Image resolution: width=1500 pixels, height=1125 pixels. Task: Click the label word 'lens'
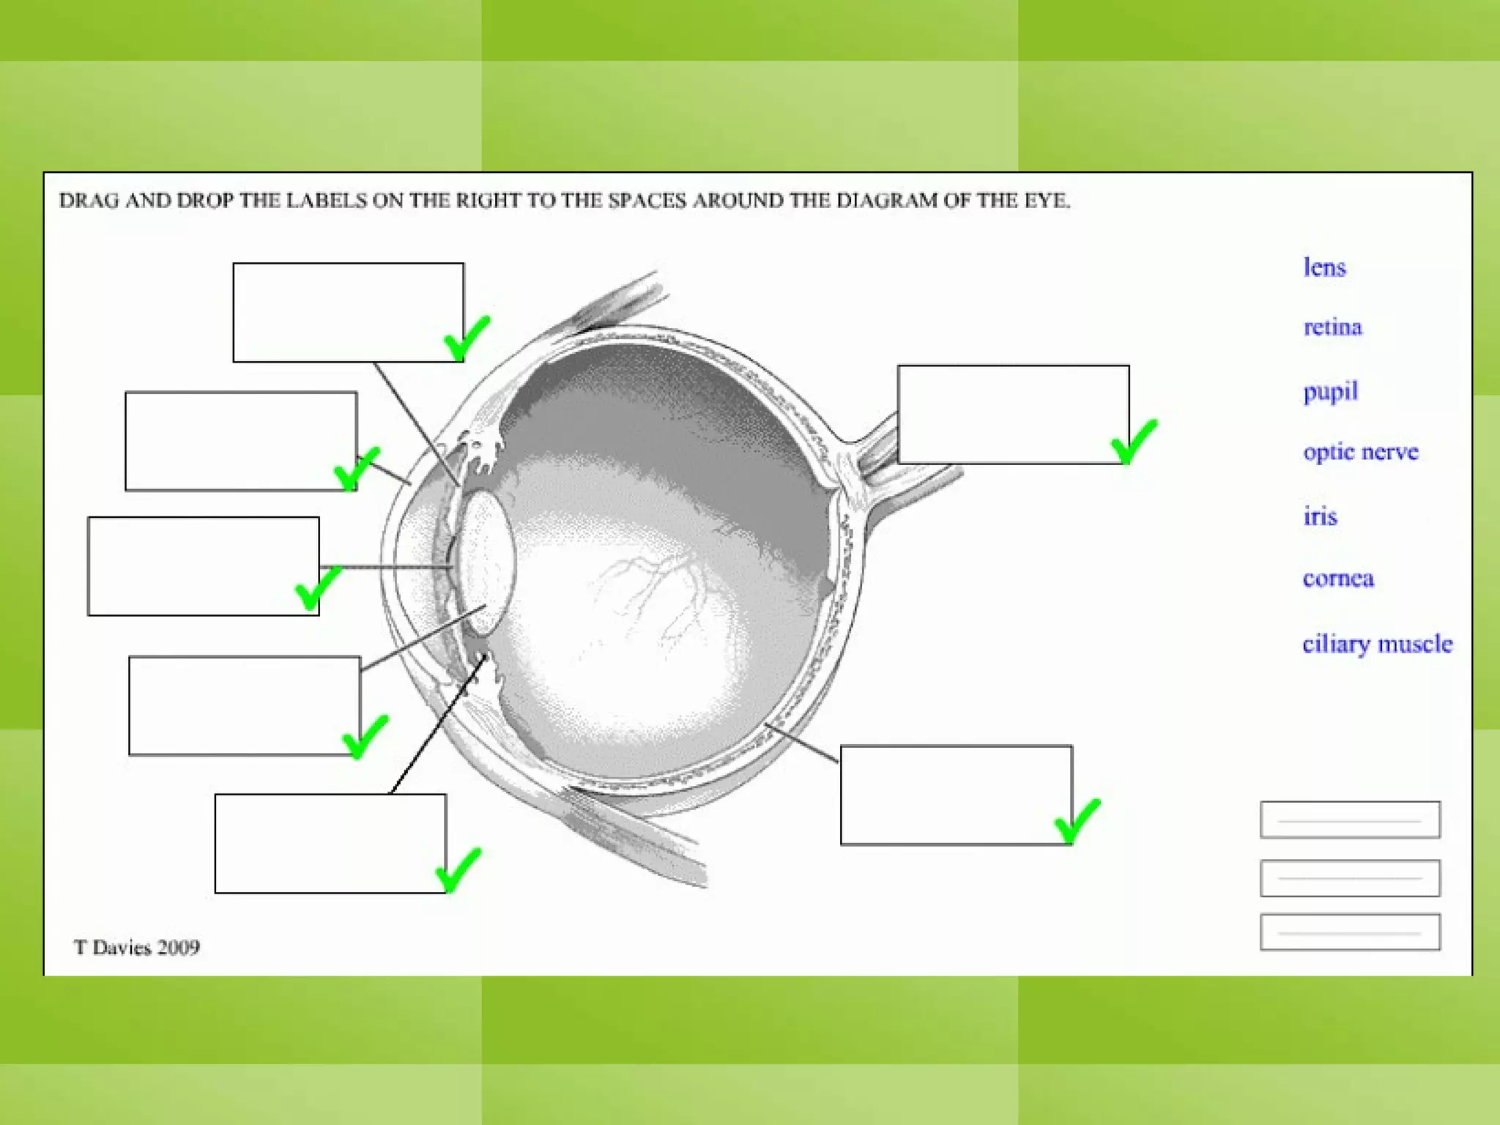tap(1324, 267)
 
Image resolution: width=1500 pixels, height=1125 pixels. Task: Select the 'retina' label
tap(1332, 327)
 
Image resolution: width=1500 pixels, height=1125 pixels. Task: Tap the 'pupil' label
tap(1330, 391)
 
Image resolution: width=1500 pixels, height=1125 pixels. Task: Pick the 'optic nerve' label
tap(1360, 451)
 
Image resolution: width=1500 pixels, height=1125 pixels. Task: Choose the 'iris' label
tap(1320, 516)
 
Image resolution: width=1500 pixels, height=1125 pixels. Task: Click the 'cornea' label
tap(1338, 579)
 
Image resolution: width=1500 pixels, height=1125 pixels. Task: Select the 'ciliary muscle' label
tap(1377, 644)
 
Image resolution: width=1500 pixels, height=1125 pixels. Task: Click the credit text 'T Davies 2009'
tap(137, 947)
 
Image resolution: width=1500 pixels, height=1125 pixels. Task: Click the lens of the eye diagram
tap(486, 560)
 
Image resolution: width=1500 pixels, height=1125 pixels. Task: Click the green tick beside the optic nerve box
tap(1134, 441)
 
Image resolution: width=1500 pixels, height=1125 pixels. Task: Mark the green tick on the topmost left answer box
tap(467, 338)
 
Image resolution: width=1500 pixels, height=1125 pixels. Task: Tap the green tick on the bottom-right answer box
tap(1077, 821)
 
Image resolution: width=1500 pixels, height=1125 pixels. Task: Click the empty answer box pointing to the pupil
tap(203, 566)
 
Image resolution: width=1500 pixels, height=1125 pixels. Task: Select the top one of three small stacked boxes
tap(1350, 820)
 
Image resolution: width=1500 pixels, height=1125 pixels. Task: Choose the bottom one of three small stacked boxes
tap(1350, 932)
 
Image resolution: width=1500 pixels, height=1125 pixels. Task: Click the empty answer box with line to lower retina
tap(956, 795)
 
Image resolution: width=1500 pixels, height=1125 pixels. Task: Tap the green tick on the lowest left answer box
tap(458, 870)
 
